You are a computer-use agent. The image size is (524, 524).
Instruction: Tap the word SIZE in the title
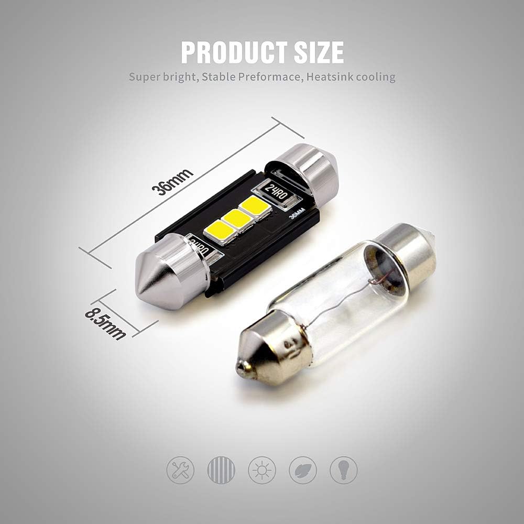[319, 52]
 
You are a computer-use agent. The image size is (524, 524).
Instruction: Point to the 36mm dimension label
[172, 182]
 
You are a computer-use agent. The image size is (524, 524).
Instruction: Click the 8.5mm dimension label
[106, 324]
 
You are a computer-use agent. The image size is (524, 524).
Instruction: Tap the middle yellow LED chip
[237, 219]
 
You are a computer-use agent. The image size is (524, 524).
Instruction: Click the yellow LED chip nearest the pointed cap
[219, 231]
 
